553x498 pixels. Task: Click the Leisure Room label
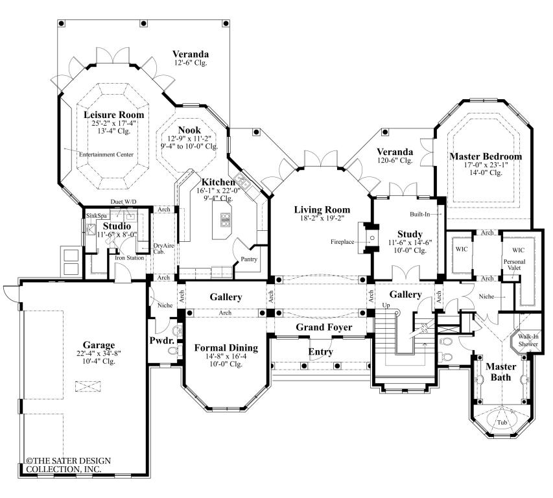pos(113,115)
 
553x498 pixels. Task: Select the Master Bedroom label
pos(485,156)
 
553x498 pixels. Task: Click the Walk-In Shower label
pos(528,340)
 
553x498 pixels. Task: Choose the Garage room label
pos(99,345)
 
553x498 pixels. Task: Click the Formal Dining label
pos(226,348)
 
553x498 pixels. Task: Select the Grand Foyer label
pos(324,327)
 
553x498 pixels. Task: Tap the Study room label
pos(410,233)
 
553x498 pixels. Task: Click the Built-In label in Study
pos(420,213)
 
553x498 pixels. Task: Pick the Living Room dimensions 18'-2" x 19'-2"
pos(322,220)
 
